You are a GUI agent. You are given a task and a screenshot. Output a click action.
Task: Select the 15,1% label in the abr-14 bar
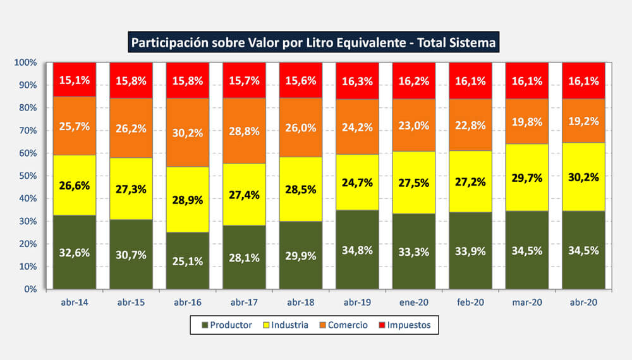coord(75,80)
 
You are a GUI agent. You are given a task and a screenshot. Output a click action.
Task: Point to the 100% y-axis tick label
coord(25,63)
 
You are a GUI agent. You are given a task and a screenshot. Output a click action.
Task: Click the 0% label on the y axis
coord(30,289)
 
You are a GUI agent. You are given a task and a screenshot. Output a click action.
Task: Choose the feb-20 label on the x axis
coord(471,303)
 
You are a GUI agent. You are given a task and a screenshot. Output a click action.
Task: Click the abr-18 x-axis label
coord(301,303)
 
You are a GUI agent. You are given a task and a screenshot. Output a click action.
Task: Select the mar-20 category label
coord(527,303)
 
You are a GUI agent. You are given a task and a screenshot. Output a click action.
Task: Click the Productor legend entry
coord(226,325)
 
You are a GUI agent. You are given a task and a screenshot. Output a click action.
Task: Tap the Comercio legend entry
coord(342,325)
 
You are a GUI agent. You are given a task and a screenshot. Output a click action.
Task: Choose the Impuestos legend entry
coord(404,325)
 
